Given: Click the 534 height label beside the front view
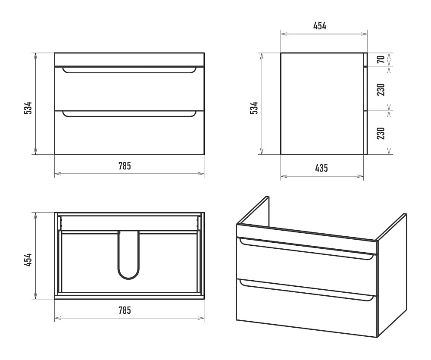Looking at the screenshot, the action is pos(28,108).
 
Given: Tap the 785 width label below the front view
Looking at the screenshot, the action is pos(125,166).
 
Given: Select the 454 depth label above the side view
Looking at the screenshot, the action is pos(320,26).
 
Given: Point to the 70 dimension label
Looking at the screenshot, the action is pos(381,59).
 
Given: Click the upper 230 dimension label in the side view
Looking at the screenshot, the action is pos(381,90).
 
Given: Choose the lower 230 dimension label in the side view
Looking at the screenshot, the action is pos(381,133).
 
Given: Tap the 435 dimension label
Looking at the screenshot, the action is pos(322,168).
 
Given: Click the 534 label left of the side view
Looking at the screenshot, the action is pos(254,108).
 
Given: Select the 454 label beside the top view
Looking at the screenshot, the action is pos(28,260).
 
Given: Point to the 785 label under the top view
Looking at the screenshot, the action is pos(125,310).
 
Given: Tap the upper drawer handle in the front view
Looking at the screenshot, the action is pos(129,72).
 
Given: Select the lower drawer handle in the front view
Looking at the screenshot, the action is pos(129,116).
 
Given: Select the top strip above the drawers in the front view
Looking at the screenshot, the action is pos(129,59).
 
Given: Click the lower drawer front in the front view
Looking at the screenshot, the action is pos(129,132).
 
